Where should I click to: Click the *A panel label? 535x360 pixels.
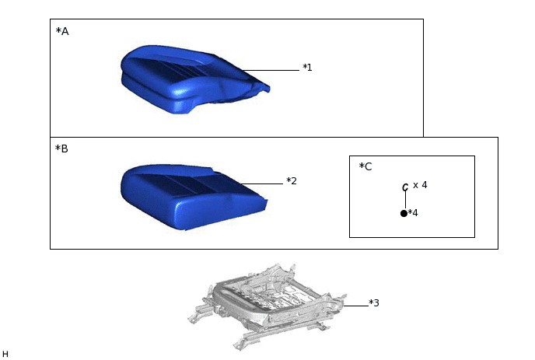[62, 31]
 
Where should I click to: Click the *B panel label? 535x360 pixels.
[61, 149]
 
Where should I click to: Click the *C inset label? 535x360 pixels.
[365, 166]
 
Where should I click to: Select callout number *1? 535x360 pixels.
[307, 68]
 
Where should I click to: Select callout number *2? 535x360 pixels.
[292, 181]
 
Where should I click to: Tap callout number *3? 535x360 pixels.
[374, 303]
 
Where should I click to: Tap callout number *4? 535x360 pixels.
[413, 213]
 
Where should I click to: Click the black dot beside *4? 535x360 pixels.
[404, 213]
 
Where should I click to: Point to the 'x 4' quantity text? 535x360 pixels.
[420, 185]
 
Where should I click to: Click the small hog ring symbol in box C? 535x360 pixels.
[405, 187]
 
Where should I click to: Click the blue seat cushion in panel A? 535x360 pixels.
[194, 79]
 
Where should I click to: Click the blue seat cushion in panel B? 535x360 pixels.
[193, 197]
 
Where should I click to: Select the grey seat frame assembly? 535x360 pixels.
[267, 306]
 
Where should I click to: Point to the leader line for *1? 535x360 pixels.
[271, 70]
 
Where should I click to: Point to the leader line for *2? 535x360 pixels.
[262, 183]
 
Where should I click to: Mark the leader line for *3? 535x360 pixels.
[356, 306]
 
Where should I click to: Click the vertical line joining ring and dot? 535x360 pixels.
[405, 200]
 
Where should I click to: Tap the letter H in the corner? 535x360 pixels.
[5, 355]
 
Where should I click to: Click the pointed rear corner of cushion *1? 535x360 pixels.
[267, 89]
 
